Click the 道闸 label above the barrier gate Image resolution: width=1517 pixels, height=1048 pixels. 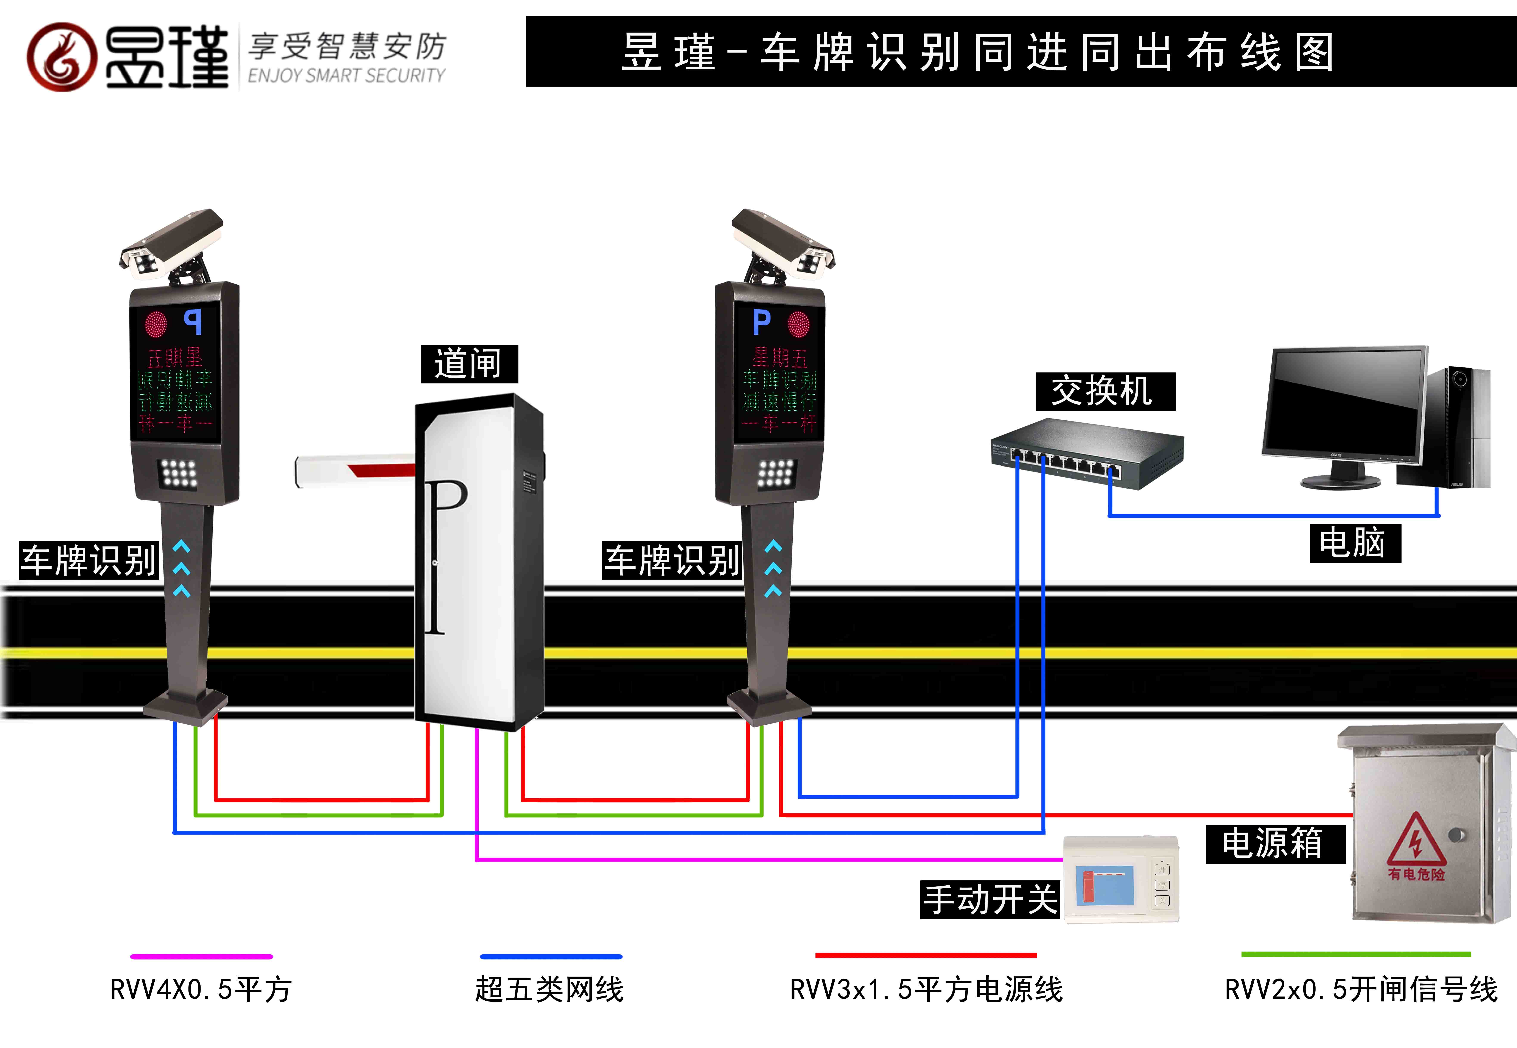(x=469, y=364)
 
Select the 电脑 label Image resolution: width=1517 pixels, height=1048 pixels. (x=1354, y=543)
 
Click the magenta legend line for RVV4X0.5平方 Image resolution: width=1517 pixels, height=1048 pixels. (x=202, y=957)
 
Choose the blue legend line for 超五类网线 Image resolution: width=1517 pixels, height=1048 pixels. (x=551, y=957)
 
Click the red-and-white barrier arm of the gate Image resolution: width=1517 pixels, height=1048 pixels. (x=355, y=470)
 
